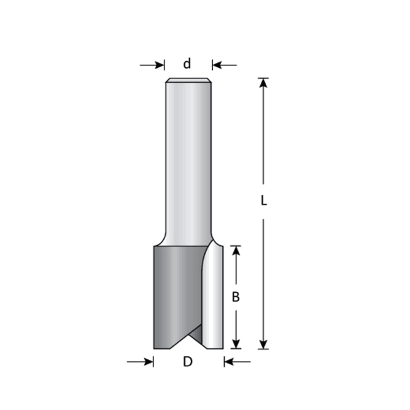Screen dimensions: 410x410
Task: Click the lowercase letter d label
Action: [x=187, y=64]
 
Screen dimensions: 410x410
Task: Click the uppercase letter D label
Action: [x=188, y=362]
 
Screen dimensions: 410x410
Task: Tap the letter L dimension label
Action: [x=264, y=201]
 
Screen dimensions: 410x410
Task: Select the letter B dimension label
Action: [x=236, y=297]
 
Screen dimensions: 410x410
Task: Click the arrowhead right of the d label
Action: [x=217, y=65]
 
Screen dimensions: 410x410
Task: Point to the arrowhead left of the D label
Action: [x=149, y=362]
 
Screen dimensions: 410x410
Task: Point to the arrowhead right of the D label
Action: [x=229, y=362]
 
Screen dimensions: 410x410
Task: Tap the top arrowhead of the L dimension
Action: [x=263, y=82]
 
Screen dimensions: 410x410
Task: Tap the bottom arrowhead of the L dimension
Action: [x=263, y=344]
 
